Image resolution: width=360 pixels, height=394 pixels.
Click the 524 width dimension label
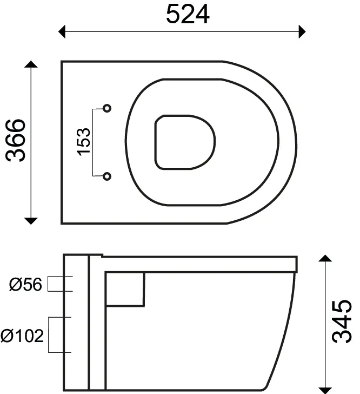(188, 14)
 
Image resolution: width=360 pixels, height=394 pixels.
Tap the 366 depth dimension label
(16, 141)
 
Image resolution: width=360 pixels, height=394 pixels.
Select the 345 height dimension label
(342, 321)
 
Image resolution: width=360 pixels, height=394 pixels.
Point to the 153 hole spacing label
(83, 142)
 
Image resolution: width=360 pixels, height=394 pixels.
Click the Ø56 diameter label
(25, 285)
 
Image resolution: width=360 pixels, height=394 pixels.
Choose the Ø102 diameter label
(22, 336)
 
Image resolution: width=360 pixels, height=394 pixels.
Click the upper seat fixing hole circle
(107, 108)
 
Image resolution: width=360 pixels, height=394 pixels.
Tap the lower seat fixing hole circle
(107, 176)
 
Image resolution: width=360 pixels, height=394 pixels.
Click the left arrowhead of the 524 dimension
(62, 31)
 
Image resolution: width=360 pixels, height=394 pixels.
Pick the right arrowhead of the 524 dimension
(302, 31)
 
